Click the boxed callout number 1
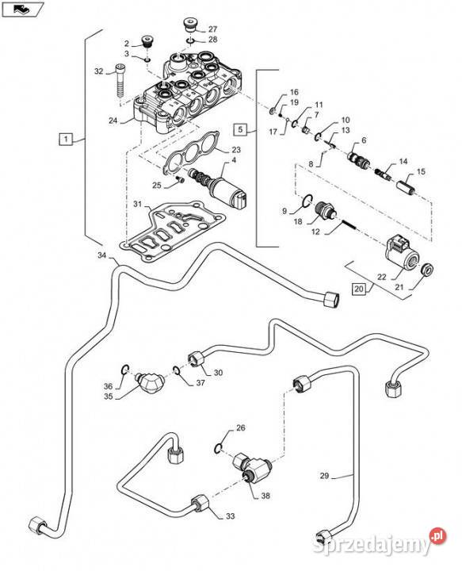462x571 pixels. tap(66, 140)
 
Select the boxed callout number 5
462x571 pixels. tap(240, 129)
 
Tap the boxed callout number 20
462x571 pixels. tap(359, 289)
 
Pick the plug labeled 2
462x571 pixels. tap(147, 41)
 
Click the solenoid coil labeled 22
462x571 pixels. tap(402, 254)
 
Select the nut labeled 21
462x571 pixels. tap(426, 270)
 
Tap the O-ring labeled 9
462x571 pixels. tap(307, 200)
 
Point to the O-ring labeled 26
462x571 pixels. tap(218, 450)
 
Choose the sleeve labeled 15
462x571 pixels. tap(406, 187)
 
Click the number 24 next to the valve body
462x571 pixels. tap(113, 121)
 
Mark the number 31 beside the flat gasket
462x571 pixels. tap(137, 205)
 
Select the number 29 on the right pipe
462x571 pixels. tap(324, 476)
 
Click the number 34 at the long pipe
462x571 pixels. tap(102, 255)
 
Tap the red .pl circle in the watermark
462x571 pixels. tap(438, 536)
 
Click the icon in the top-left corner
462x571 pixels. tap(23, 9)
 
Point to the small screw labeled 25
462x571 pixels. tap(178, 178)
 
